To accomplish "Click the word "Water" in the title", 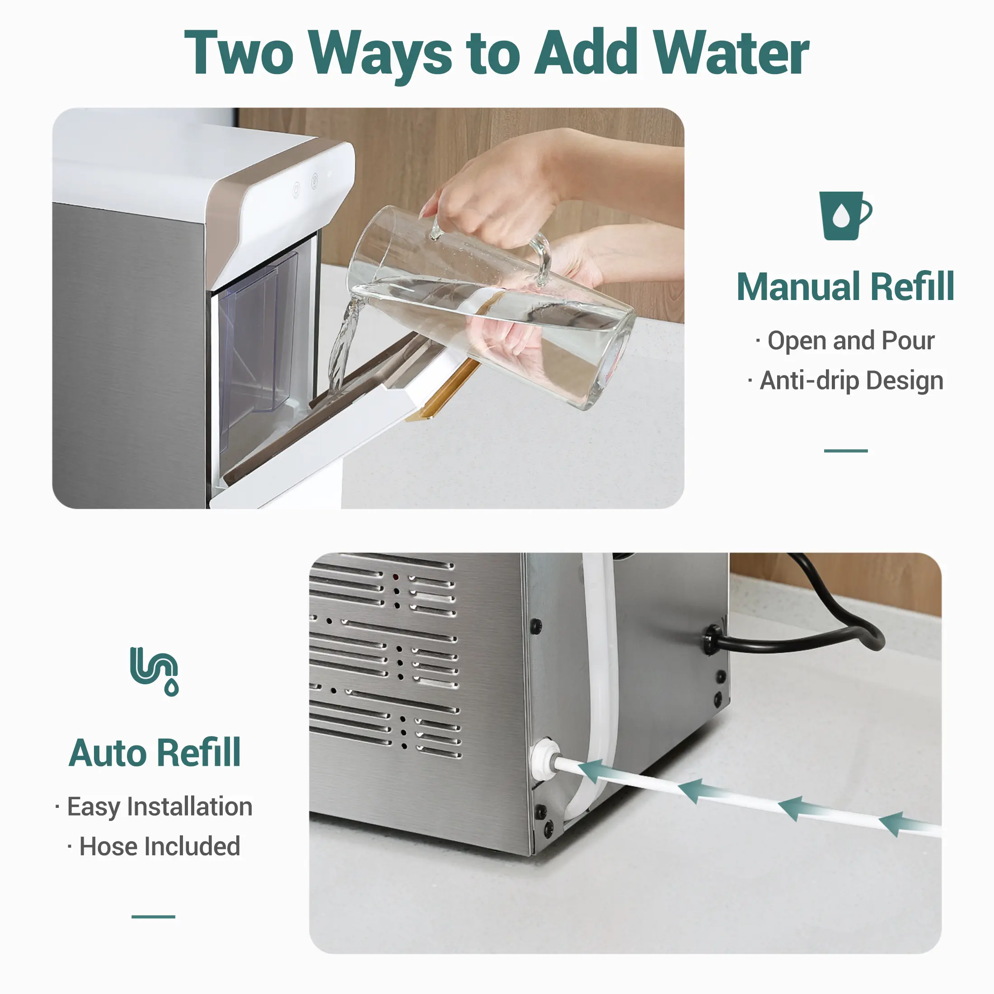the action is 731,52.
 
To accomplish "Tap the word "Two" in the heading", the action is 239,52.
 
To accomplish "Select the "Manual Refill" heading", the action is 845,286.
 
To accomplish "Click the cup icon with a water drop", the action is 845,216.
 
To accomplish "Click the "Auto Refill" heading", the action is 155,753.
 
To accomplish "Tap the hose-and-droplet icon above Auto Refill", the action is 155,671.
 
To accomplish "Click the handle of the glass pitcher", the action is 540,257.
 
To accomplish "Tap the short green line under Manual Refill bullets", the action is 846,451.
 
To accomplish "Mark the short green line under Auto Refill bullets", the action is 153,917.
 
